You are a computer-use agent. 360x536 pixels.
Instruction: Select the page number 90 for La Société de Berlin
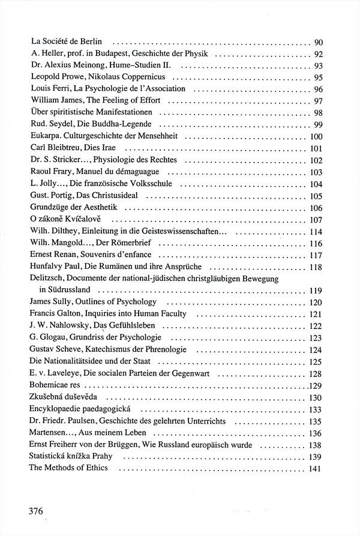319,43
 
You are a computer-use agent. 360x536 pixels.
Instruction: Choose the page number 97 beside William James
319,100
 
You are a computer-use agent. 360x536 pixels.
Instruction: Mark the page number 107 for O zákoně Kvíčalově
316,219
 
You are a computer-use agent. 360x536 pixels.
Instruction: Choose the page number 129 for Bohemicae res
316,385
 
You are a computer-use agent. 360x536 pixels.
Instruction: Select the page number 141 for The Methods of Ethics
316,468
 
